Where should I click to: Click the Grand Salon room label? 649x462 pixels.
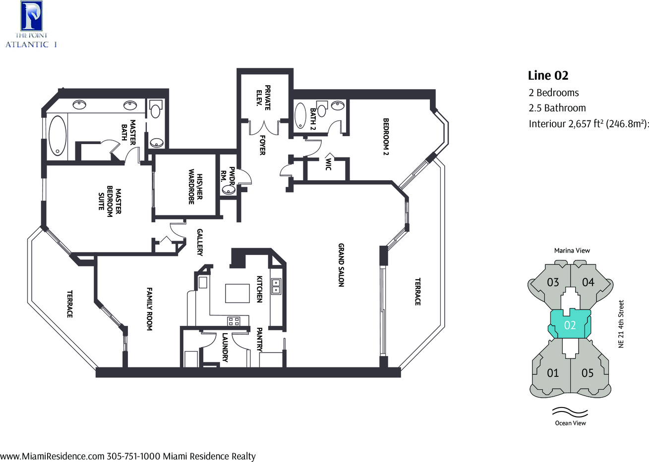(341, 265)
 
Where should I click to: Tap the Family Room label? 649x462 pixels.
(149, 309)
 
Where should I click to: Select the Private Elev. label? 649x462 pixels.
(263, 98)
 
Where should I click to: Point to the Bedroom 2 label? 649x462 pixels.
(386, 137)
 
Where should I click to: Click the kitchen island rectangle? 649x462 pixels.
(237, 293)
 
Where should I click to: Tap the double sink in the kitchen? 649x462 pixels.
(276, 286)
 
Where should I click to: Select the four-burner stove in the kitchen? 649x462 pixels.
(234, 321)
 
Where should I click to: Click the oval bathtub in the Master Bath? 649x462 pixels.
(58, 135)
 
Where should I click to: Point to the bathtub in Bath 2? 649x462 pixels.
(300, 115)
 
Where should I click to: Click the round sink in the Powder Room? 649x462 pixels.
(229, 190)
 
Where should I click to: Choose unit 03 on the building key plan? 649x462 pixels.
(552, 282)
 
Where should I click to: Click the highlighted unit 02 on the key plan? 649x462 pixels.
(570, 325)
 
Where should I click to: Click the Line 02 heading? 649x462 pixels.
(548, 75)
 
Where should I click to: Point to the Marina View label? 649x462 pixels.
(572, 251)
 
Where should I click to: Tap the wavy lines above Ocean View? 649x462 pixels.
(570, 412)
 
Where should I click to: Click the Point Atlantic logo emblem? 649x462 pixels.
(32, 16)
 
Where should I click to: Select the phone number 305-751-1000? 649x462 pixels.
(133, 456)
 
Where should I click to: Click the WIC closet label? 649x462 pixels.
(328, 164)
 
